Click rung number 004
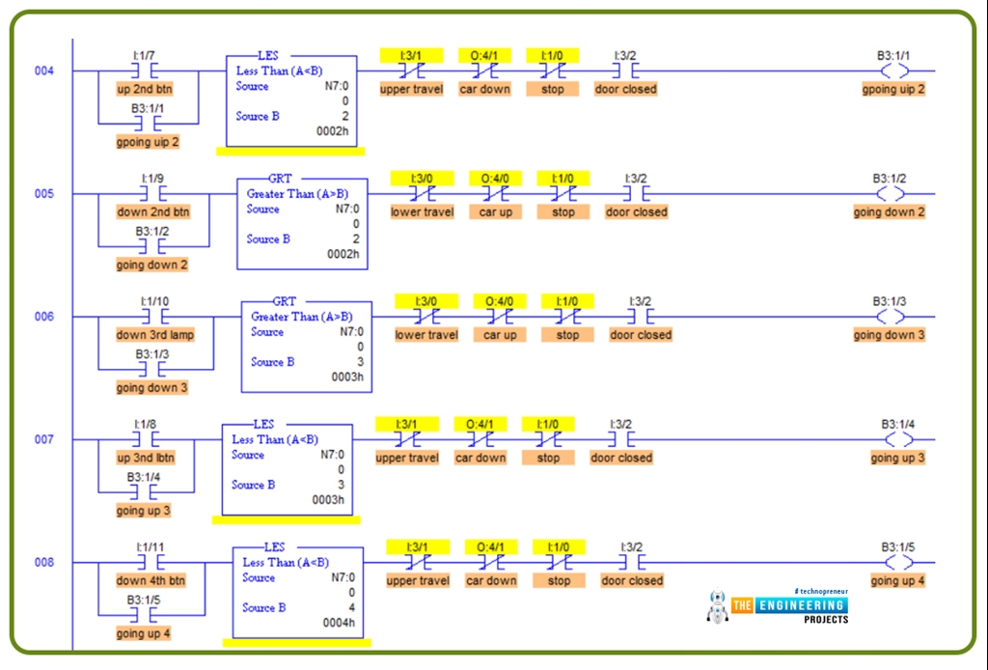pyautogui.click(x=44, y=71)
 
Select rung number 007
pyautogui.click(x=44, y=440)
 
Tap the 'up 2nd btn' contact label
pyautogui.click(x=145, y=89)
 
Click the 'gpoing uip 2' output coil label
pyautogui.click(x=893, y=89)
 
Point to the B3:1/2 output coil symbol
pyautogui.click(x=890, y=194)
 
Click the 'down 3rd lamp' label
pyautogui.click(x=155, y=335)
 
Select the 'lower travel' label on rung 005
pyautogui.click(x=422, y=212)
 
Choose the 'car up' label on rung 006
pyautogui.click(x=500, y=335)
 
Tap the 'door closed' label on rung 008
pyautogui.click(x=632, y=581)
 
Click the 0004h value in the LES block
pyautogui.click(x=338, y=623)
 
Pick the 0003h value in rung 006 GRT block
pyautogui.click(x=347, y=377)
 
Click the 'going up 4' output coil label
pyautogui.click(x=897, y=581)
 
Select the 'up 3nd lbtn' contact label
pyautogui.click(x=146, y=458)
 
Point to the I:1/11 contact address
pyautogui.click(x=151, y=546)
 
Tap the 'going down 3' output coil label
pyautogui.click(x=889, y=335)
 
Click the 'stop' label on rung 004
pyautogui.click(x=553, y=89)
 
